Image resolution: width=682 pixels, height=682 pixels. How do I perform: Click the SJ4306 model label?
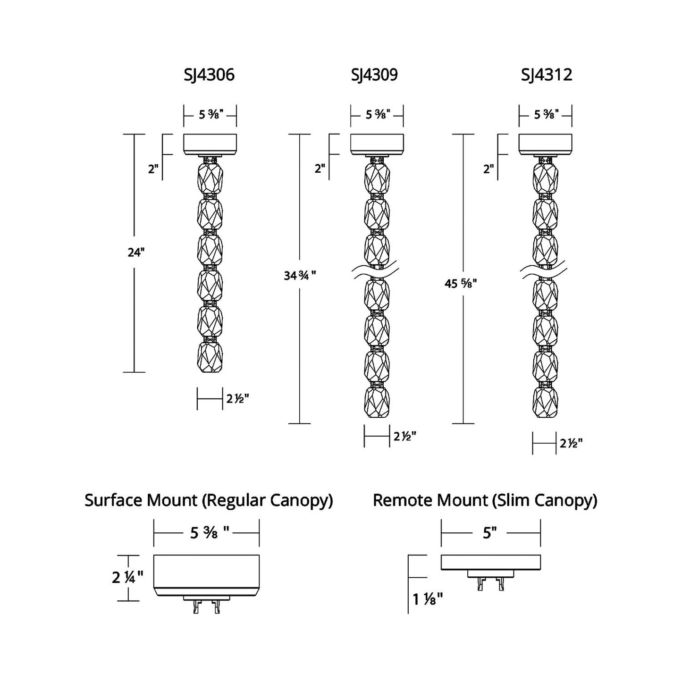pos(209,75)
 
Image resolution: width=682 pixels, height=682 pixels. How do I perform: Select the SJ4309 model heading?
pos(374,75)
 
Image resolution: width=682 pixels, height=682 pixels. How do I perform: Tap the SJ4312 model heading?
pos(547,75)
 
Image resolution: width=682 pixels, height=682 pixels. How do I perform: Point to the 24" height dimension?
pos(135,252)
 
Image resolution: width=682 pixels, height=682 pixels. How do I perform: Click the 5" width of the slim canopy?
pos(490,533)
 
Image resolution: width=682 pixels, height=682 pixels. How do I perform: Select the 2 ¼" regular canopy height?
pos(127,577)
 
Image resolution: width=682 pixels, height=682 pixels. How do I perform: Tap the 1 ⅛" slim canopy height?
pos(428,599)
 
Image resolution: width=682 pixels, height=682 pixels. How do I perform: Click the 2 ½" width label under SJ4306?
pos(237,399)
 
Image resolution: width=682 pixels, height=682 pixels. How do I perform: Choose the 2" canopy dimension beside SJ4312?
pos(488,168)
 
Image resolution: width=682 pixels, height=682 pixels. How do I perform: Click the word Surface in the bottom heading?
pos(114,500)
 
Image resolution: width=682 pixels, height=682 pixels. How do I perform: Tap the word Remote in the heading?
pos(403,500)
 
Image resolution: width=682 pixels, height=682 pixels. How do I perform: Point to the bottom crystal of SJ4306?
pos(210,357)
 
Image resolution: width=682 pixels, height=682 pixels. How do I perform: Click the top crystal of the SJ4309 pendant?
pos(377,177)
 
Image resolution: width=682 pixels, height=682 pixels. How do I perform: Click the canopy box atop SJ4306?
pos(210,144)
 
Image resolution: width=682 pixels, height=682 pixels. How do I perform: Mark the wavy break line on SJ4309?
pos(376,271)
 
